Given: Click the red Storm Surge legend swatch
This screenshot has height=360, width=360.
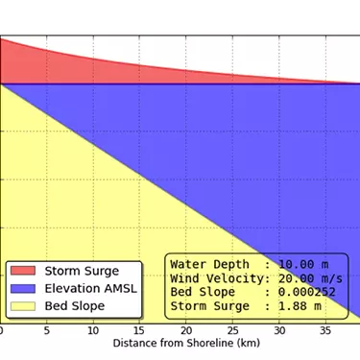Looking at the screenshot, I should click(22, 271).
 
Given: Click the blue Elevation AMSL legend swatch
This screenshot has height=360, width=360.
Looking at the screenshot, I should click(22, 288).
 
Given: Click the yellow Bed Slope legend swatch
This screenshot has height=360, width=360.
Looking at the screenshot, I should click(22, 306).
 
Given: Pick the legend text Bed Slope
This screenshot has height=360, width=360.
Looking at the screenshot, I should click(74, 306).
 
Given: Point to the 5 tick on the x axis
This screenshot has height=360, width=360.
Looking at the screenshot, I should click(47, 329).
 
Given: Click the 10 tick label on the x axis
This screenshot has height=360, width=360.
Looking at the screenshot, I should click(93, 329).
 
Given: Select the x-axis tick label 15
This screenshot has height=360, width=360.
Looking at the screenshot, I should click(140, 329).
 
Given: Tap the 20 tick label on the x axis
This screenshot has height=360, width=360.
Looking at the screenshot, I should click(186, 329).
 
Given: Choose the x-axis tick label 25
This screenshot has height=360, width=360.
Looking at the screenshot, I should click(233, 329).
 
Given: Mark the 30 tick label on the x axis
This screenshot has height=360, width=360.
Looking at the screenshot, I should click(279, 329).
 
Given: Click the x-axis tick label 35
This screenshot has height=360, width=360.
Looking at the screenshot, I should click(326, 329).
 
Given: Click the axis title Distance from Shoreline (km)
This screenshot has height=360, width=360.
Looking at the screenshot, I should click(180, 343).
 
